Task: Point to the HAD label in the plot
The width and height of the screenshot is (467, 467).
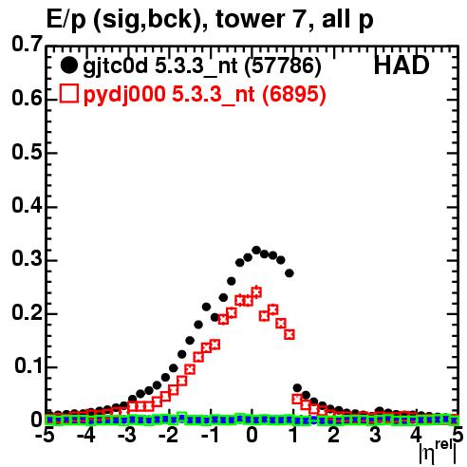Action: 402,65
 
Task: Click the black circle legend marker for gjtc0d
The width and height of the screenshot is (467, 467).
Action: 68,65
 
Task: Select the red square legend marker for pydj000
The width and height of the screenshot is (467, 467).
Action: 68,94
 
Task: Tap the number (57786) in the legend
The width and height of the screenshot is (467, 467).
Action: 283,65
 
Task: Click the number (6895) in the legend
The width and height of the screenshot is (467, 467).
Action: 293,94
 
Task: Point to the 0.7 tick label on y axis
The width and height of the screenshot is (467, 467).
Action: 27,44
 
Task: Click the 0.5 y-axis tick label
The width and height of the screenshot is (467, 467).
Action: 27,152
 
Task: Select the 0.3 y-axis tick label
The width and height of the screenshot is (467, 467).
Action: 27,259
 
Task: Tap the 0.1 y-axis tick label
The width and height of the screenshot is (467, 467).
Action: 28,365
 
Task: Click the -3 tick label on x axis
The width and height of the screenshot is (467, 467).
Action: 127,436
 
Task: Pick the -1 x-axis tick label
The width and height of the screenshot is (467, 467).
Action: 209,436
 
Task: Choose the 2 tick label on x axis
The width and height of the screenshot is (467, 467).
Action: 334,436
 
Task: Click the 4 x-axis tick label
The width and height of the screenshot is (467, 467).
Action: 417,436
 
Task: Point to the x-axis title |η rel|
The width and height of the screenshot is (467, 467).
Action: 438,452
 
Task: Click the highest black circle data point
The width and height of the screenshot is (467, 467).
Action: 256,251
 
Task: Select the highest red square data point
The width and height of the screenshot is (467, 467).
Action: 256,292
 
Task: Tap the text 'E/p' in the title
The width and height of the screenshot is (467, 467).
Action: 66,20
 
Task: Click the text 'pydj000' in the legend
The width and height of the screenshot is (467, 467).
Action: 124,95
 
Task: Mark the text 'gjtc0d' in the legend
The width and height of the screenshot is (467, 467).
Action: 115,66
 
